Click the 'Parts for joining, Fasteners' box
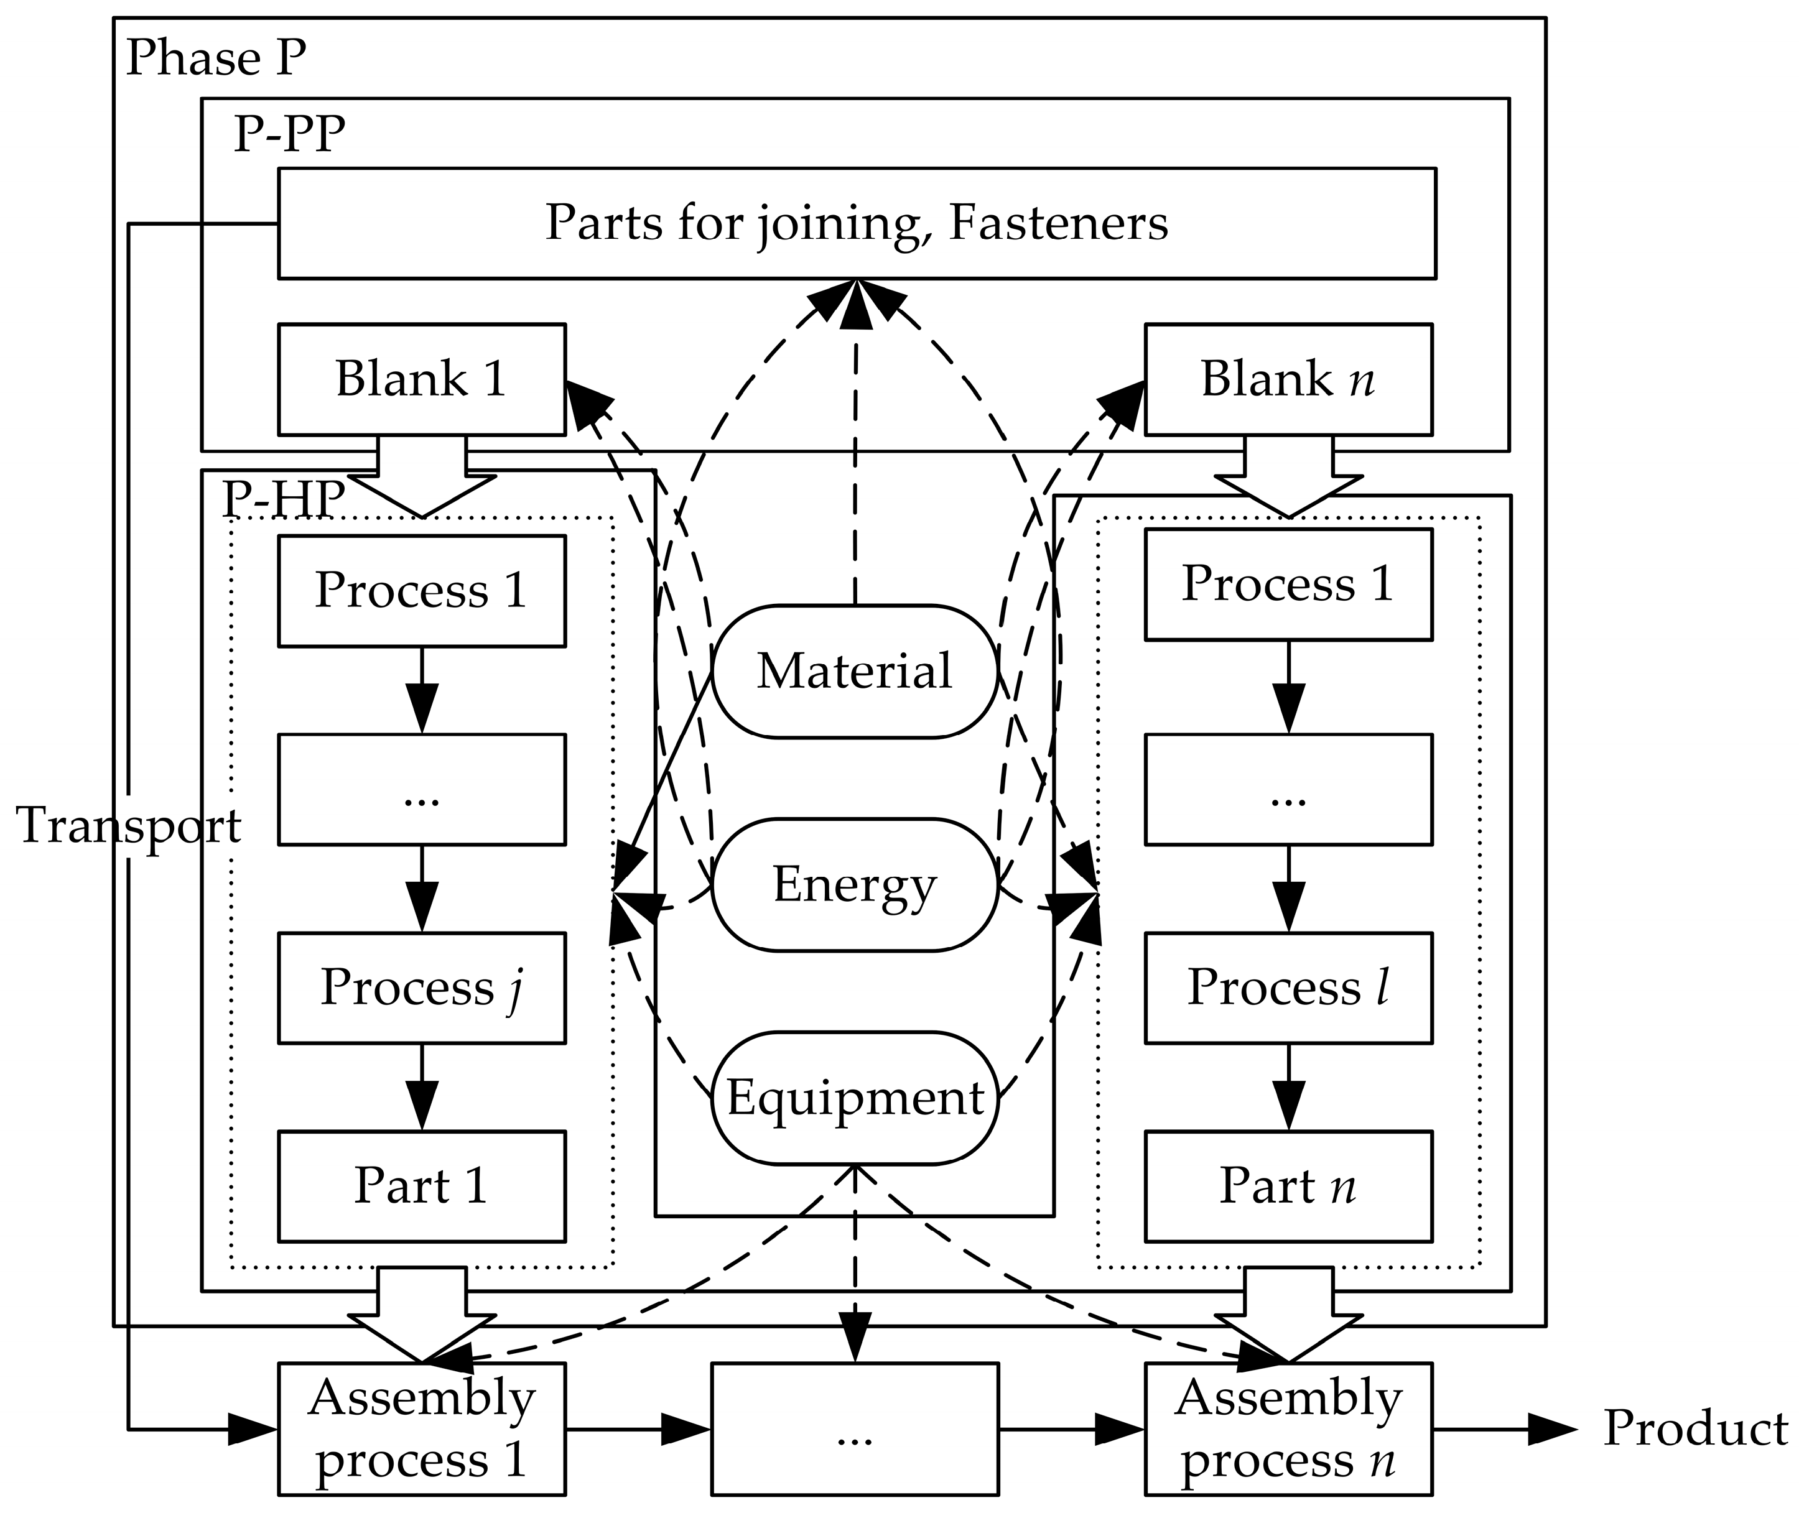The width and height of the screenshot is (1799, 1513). (x=856, y=223)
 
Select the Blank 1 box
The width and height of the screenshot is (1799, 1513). (x=421, y=379)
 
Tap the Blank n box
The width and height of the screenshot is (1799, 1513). (x=1288, y=379)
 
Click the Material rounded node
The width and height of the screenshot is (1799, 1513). (x=855, y=671)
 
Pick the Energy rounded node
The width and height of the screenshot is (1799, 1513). (x=855, y=884)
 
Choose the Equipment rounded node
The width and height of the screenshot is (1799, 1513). (x=855, y=1098)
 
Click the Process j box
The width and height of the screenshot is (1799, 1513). (x=421, y=988)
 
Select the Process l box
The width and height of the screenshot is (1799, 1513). (x=1288, y=988)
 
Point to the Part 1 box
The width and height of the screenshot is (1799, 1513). (x=421, y=1187)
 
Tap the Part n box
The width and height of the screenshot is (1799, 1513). (x=1288, y=1187)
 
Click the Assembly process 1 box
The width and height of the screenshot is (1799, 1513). (x=421, y=1430)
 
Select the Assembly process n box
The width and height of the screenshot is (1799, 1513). (x=1288, y=1430)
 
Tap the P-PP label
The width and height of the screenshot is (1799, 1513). (x=289, y=135)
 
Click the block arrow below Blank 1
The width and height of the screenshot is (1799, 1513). (x=421, y=480)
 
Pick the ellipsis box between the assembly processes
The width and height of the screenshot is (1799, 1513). (x=855, y=1430)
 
